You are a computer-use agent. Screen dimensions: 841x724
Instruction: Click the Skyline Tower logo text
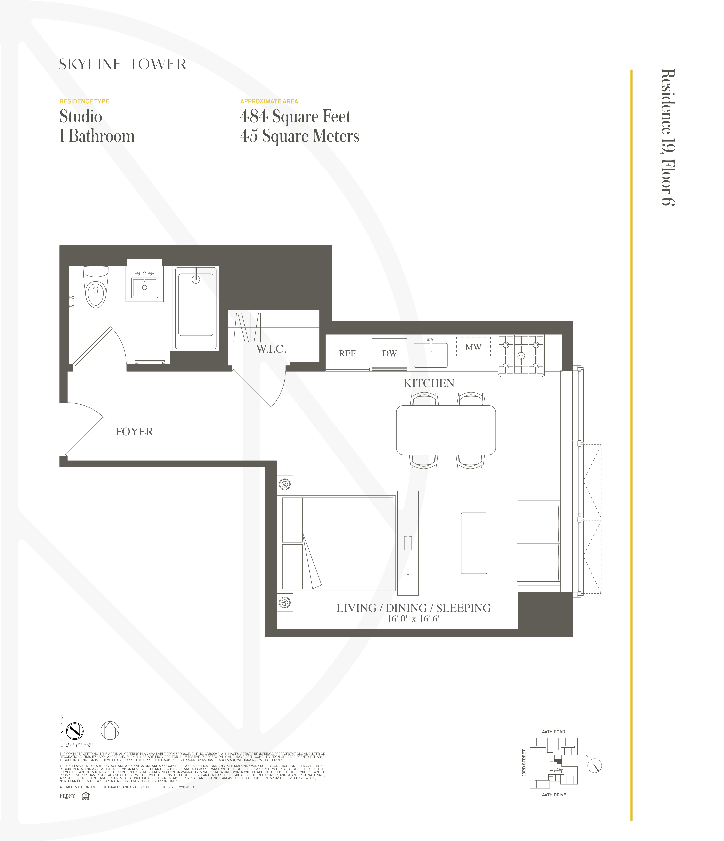tap(123, 64)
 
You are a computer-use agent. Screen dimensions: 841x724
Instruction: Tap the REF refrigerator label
tap(347, 354)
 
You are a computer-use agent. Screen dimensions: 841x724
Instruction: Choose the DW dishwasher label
tap(389, 354)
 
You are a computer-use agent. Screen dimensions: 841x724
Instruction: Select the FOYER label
tap(134, 432)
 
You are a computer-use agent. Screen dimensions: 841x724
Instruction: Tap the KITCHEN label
tap(429, 383)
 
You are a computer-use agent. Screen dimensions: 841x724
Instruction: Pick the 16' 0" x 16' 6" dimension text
tap(413, 619)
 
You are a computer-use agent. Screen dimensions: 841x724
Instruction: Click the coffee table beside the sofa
tap(474, 543)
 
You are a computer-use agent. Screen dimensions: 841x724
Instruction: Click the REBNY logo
tap(67, 796)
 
